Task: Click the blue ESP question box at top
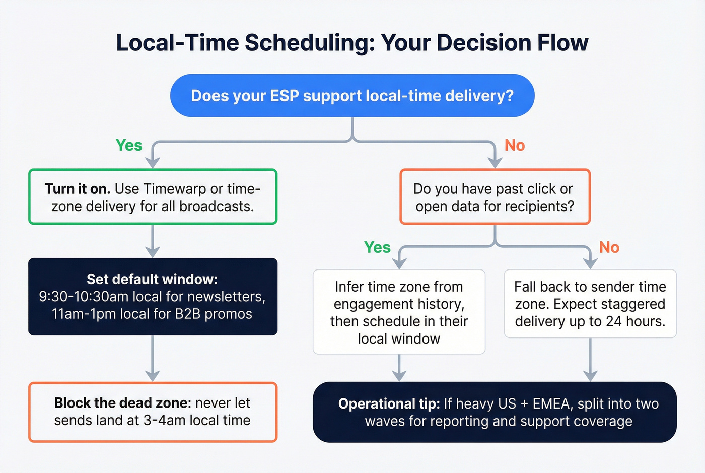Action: [352, 96]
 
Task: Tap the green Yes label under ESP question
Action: [129, 145]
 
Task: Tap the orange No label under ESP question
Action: [515, 145]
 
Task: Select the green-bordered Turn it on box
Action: [153, 197]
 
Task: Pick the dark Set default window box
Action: [153, 297]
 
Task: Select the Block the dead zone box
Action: [153, 412]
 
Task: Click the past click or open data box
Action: [495, 197]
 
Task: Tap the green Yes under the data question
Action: [377, 247]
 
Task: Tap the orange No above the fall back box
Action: [609, 247]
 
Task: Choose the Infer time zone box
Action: [399, 312]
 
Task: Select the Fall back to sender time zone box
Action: [590, 304]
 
